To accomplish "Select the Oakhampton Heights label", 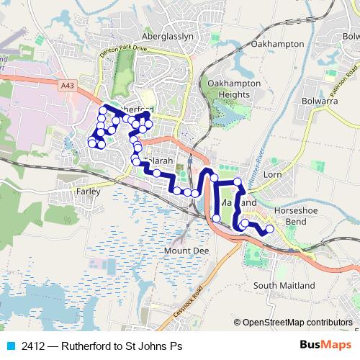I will click(x=232, y=89).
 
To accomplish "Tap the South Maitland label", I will click(x=284, y=285).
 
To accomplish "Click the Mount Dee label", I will click(x=181, y=250).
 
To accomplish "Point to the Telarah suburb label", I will click(x=158, y=161).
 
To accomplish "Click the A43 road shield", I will click(x=68, y=85).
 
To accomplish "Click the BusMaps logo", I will click(x=326, y=346).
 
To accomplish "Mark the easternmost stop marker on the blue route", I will click(x=270, y=230).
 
